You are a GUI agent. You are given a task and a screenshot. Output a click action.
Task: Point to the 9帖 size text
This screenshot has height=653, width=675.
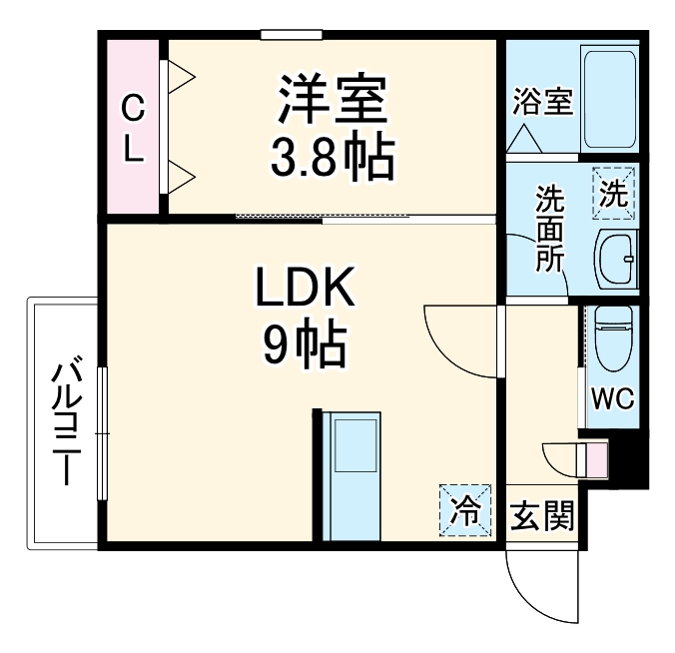point(305,345)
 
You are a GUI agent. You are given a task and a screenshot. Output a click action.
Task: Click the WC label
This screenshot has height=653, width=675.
point(611,397)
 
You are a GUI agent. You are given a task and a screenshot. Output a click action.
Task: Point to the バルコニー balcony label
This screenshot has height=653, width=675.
point(66,420)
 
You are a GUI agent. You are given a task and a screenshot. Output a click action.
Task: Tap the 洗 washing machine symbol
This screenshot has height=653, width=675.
point(613,190)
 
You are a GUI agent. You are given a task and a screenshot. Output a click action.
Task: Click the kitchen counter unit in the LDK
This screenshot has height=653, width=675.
point(353,474)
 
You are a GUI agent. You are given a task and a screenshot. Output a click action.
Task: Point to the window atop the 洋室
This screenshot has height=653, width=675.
point(292,35)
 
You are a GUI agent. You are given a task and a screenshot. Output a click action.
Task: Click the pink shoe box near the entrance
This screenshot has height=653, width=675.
point(596,458)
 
